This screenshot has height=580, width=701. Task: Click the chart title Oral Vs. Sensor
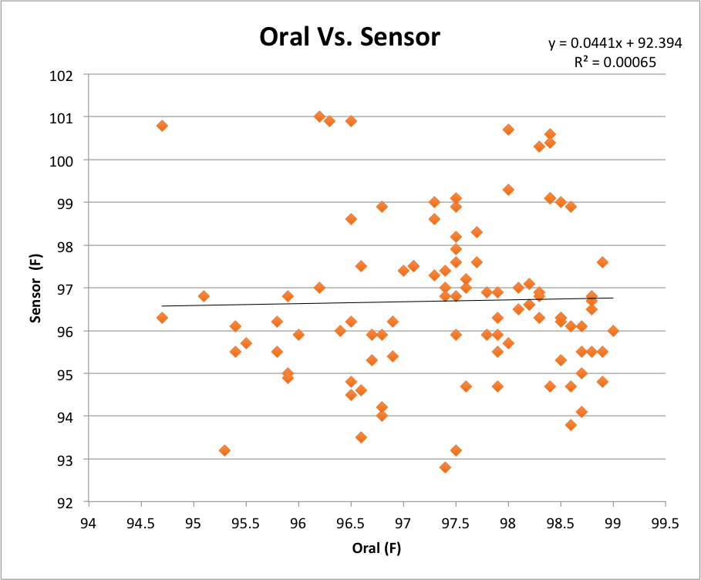pos(349,36)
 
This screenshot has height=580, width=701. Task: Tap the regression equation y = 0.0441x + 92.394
pos(615,44)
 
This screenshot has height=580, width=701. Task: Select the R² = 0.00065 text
pos(615,63)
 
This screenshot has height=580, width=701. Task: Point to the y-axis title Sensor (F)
pos(35,288)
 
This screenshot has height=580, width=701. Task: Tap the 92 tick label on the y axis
pos(65,502)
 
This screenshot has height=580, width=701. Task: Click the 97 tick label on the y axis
pos(65,288)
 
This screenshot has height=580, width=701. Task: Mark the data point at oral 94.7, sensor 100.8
pos(162,126)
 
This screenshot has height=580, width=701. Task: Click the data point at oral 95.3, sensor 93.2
pos(224,450)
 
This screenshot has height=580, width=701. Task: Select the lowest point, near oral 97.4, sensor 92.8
pos(445,467)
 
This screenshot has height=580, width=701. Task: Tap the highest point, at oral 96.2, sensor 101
pos(319,116)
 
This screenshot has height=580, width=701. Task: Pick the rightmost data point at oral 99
pos(613,331)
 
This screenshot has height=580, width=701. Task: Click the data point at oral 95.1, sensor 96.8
pos(204,296)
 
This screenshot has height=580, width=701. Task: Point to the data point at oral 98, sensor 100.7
pos(508,130)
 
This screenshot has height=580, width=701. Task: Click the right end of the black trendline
pos(612,297)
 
